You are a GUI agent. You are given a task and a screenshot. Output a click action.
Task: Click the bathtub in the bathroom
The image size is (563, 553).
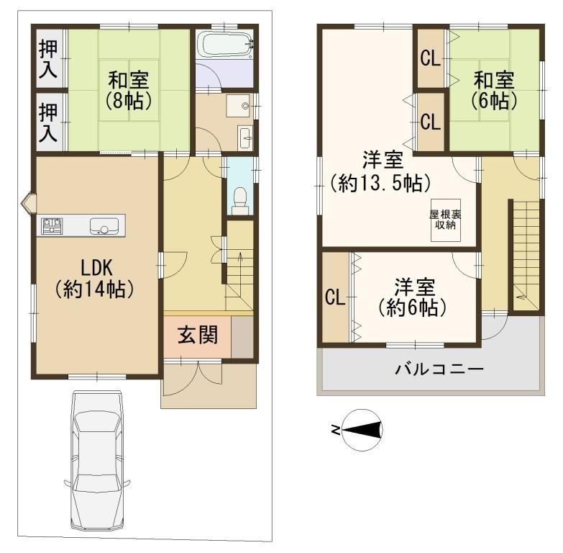point(225,45)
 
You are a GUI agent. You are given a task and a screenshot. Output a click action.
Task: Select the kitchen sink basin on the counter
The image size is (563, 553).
point(104,226)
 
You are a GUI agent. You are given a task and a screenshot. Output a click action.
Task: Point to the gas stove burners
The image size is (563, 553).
point(52,226)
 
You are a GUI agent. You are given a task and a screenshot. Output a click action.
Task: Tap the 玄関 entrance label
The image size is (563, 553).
point(198,335)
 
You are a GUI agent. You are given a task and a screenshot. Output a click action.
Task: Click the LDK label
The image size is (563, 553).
point(96,268)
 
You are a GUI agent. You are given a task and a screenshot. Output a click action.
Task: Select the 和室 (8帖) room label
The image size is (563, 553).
point(129,91)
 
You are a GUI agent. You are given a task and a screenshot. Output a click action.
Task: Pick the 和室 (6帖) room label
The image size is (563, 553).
point(494,91)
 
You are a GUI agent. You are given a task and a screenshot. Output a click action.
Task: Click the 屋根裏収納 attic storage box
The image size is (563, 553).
point(446,220)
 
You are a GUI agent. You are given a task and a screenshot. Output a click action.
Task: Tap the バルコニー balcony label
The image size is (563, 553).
point(439,369)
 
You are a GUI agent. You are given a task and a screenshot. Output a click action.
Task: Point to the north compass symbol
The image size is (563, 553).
point(362,430)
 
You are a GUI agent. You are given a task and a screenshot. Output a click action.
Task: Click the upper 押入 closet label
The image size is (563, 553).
point(48,59)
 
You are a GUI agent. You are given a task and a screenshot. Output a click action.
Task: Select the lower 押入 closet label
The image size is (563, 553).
point(48,122)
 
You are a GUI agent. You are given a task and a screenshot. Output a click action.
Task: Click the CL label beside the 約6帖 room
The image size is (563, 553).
point(335,297)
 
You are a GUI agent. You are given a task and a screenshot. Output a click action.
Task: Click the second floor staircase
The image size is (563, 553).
point(526,256)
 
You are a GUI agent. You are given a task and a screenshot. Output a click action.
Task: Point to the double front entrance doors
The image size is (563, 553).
point(197,378)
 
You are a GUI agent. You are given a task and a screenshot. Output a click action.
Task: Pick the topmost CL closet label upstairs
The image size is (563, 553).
point(431,58)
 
